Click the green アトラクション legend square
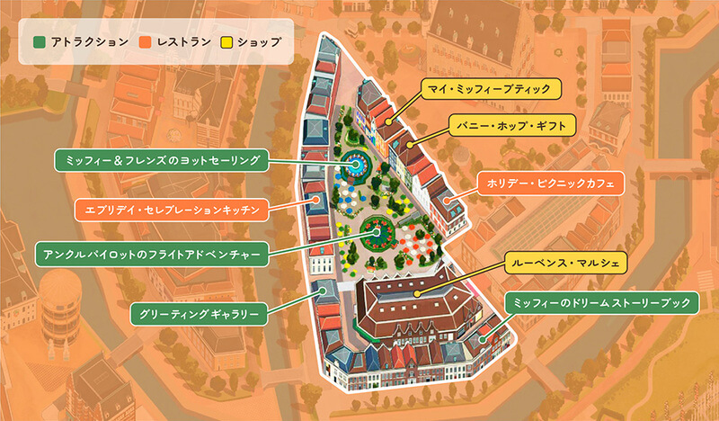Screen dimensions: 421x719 pyautogui.click(x=39, y=42)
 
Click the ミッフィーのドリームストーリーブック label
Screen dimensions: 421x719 pyautogui.click(x=600, y=303)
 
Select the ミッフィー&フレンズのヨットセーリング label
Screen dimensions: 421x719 pyautogui.click(x=159, y=161)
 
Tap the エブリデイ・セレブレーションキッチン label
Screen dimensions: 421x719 pyautogui.click(x=170, y=210)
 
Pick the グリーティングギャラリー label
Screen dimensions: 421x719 pyautogui.click(x=200, y=314)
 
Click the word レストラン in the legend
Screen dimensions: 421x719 pyautogui.click(x=184, y=42)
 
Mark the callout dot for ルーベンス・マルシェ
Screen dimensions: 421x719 pyautogui.click(x=417, y=293)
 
